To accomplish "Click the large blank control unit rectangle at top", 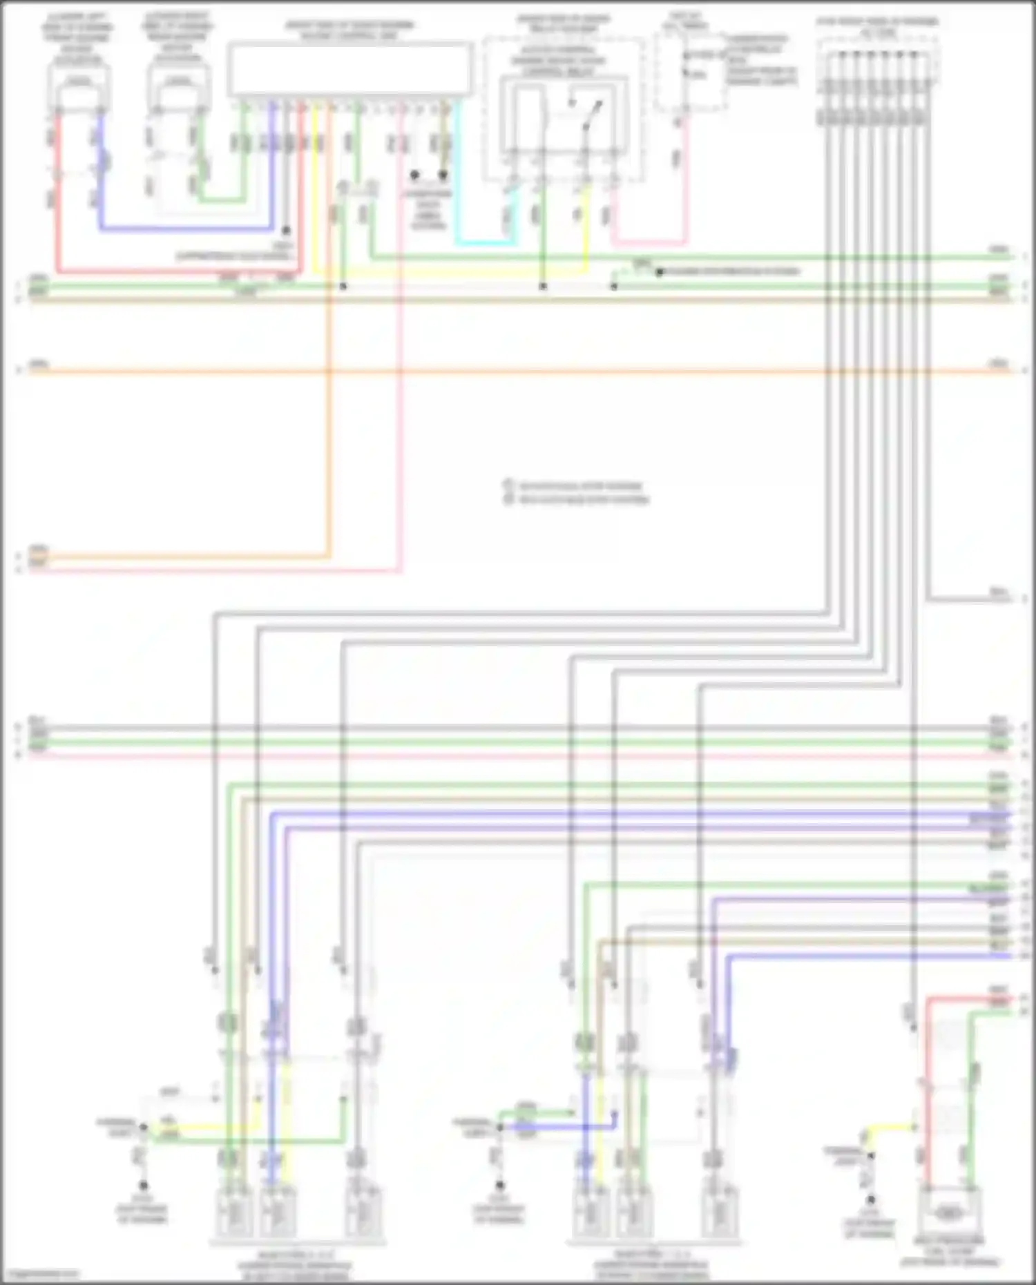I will pyautogui.click(x=350, y=69).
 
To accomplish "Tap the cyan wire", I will pyautogui.click(x=483, y=244).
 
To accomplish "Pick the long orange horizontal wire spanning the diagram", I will pyautogui.click(x=518, y=371).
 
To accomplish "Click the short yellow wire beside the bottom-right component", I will pyautogui.click(x=891, y=1128).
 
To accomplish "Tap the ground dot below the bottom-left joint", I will pyautogui.click(x=143, y=1186).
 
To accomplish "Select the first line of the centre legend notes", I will pyautogui.click(x=580, y=486).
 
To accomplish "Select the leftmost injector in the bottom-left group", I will pyautogui.click(x=233, y=1212).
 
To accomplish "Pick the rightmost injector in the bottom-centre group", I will pyautogui.click(x=719, y=1212).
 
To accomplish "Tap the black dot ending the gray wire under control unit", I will pyautogui.click(x=286, y=231).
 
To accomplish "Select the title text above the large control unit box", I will pyautogui.click(x=350, y=30).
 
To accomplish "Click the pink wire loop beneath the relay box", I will pyautogui.click(x=649, y=242).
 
